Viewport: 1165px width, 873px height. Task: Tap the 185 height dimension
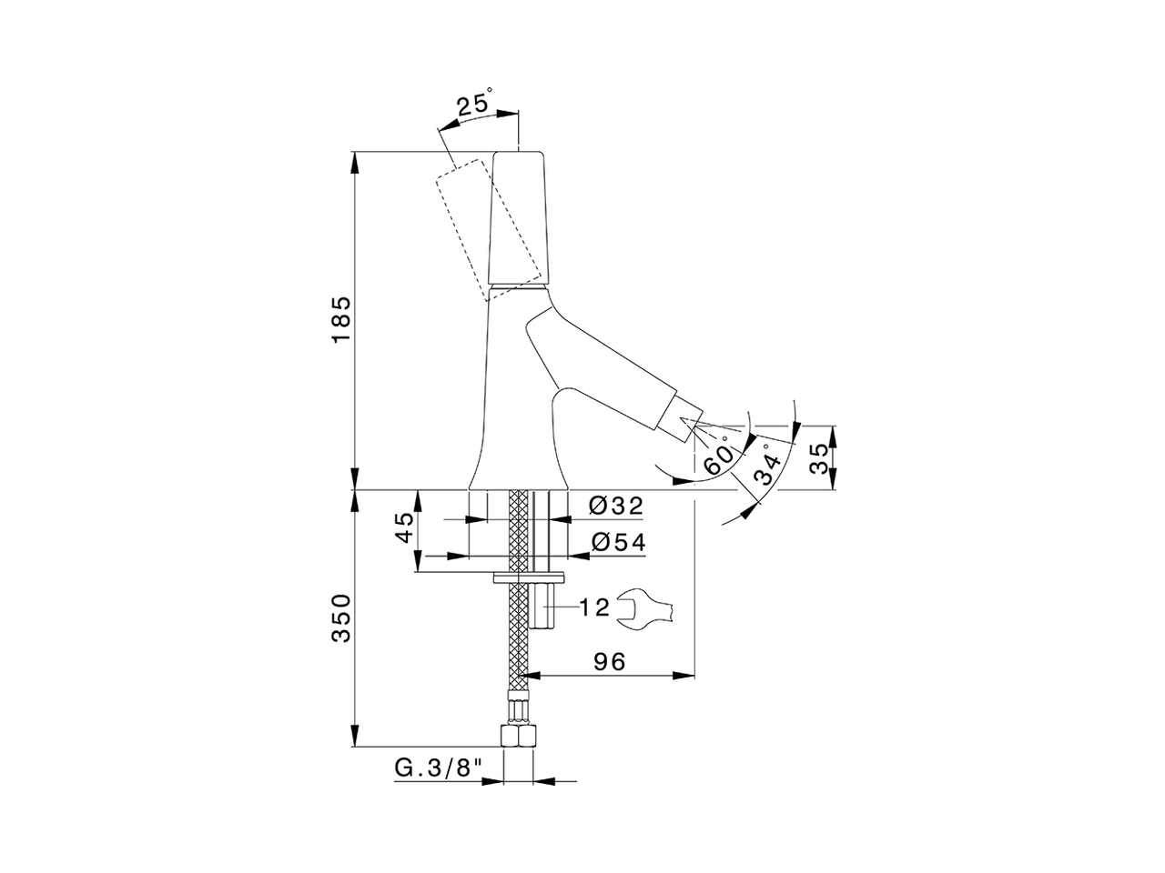point(339,319)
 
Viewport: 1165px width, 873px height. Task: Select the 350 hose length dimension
point(339,618)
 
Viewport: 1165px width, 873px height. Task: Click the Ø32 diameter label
point(616,506)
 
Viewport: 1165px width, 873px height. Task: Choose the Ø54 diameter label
point(617,543)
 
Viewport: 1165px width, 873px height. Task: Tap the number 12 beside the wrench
point(594,607)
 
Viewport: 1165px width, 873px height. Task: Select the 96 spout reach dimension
point(609,661)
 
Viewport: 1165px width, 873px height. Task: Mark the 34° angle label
point(769,466)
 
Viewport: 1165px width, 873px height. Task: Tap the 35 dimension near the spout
point(818,458)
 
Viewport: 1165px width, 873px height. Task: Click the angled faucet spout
point(601,364)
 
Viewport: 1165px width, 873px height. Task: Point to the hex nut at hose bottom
point(518,735)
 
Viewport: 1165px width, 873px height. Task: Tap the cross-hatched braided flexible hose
point(518,627)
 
